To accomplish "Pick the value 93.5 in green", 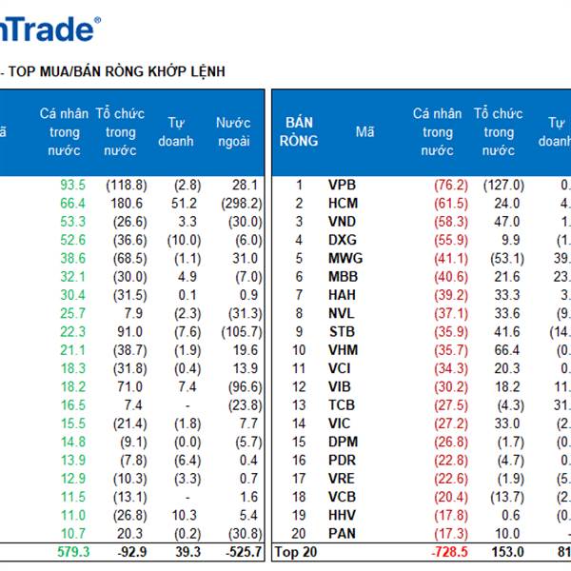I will tap(72, 185).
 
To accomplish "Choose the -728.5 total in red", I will tap(445, 551).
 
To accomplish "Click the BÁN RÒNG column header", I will tap(300, 131).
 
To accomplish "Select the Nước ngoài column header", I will tap(233, 131).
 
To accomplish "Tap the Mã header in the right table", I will tap(365, 131).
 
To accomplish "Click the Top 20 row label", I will tap(294, 551).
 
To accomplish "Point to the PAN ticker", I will tap(344, 534).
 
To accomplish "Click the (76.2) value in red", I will tap(449, 185).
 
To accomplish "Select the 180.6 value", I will tap(127, 203).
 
